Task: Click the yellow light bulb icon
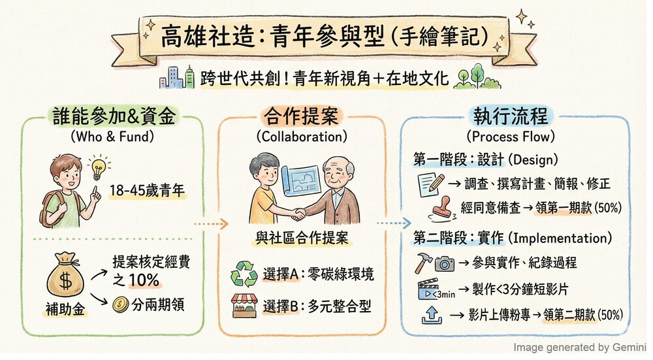(99, 167)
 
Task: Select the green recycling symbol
(244, 274)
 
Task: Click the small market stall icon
(244, 306)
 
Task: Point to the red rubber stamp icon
(442, 209)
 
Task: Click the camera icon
(445, 264)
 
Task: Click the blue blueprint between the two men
(300, 179)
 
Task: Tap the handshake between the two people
(298, 214)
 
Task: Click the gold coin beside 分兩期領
(121, 304)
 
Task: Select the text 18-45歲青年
(147, 190)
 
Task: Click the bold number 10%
(144, 280)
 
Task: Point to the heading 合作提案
(301, 116)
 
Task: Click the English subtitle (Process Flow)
(511, 137)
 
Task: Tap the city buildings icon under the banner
(177, 78)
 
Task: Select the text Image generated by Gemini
(579, 348)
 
